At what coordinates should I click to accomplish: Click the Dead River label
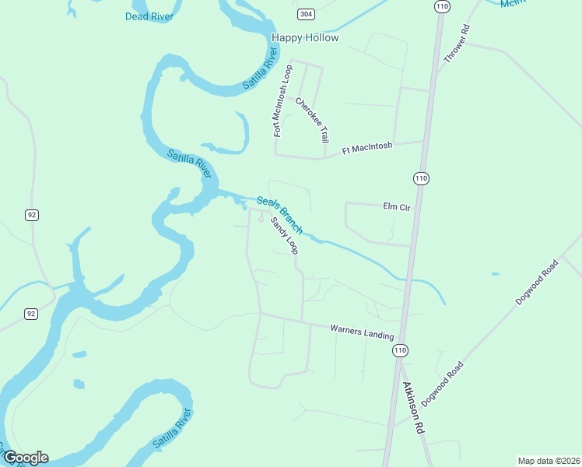pyautogui.click(x=149, y=16)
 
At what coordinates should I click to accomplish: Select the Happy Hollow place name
pyautogui.click(x=306, y=37)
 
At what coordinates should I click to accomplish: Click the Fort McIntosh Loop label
pyautogui.click(x=282, y=100)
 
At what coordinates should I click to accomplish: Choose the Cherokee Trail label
pyautogui.click(x=313, y=120)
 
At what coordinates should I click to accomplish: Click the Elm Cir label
pyautogui.click(x=396, y=206)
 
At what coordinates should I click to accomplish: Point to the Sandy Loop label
pyautogui.click(x=284, y=235)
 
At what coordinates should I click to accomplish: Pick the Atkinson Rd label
pyautogui.click(x=413, y=407)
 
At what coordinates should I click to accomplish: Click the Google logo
pyautogui.click(x=26, y=458)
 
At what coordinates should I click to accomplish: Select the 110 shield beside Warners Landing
pyautogui.click(x=400, y=351)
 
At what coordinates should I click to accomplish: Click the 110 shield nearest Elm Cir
pyautogui.click(x=421, y=178)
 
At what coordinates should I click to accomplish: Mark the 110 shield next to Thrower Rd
pyautogui.click(x=442, y=6)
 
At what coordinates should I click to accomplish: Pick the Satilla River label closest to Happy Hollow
pyautogui.click(x=260, y=68)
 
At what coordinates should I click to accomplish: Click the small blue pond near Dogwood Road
pyautogui.click(x=495, y=274)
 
